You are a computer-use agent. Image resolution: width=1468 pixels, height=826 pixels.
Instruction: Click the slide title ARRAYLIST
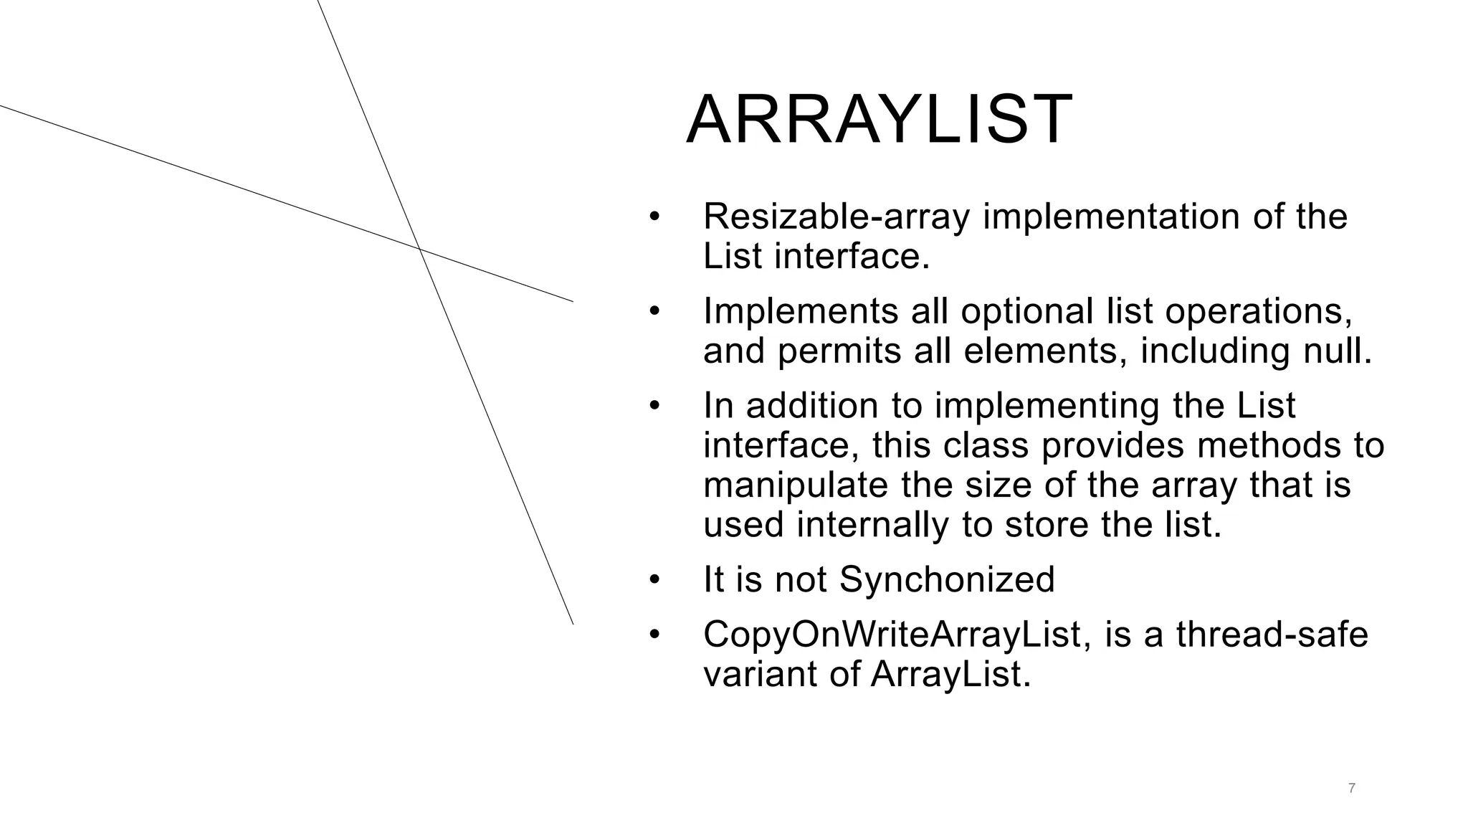pos(879,120)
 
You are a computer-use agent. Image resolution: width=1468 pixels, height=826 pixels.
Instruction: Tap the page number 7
pos(1351,789)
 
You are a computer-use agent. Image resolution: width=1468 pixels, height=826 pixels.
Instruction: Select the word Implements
pos(801,311)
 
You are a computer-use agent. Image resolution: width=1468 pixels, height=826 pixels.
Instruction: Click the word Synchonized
pos(947,579)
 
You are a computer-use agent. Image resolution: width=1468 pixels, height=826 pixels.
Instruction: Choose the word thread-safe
pos(1272,635)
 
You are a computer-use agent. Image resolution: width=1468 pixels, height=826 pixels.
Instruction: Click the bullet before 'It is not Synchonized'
pos(653,579)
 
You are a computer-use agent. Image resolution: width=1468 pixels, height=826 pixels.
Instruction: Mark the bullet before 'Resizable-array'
pos(653,217)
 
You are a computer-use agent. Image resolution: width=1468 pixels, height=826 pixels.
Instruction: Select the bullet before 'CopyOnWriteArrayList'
pos(653,635)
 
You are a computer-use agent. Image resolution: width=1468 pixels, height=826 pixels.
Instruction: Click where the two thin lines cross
pos(419,249)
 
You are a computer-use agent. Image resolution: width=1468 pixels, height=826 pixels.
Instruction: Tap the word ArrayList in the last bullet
pos(950,674)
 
